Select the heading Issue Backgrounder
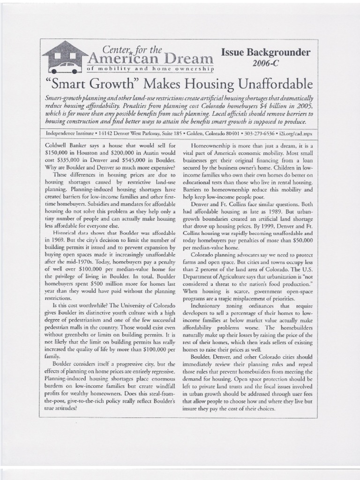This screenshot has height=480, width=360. (266, 52)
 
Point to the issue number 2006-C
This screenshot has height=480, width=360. (266, 63)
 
